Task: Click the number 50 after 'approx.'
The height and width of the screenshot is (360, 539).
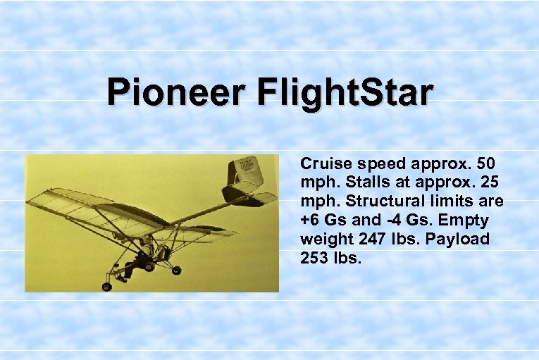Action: coord(485,163)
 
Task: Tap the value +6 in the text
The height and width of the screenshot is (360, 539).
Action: coord(311,221)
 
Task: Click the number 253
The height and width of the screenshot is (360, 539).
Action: coord(314,259)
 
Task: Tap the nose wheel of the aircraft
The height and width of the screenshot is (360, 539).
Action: coord(107,286)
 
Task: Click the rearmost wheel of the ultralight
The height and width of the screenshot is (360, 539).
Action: coord(176,269)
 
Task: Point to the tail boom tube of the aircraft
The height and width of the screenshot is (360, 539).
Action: coord(204,207)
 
